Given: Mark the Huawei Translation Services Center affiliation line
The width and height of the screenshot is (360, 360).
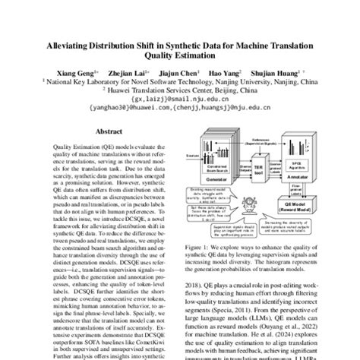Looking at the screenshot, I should coord(179,87).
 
